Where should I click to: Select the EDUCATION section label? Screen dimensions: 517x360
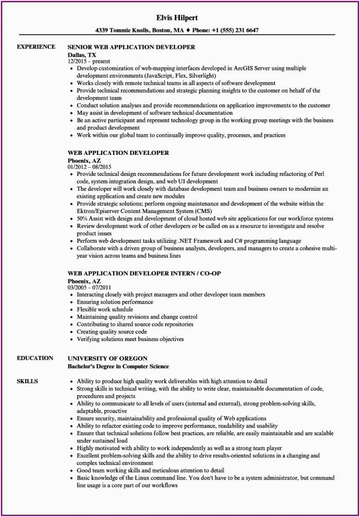point(35,358)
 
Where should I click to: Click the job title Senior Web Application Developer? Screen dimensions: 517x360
point(131,47)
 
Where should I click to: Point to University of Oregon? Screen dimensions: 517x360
point(107,358)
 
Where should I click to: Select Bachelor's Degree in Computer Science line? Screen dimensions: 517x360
point(118,366)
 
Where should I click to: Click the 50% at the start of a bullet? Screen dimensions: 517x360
point(83,219)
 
